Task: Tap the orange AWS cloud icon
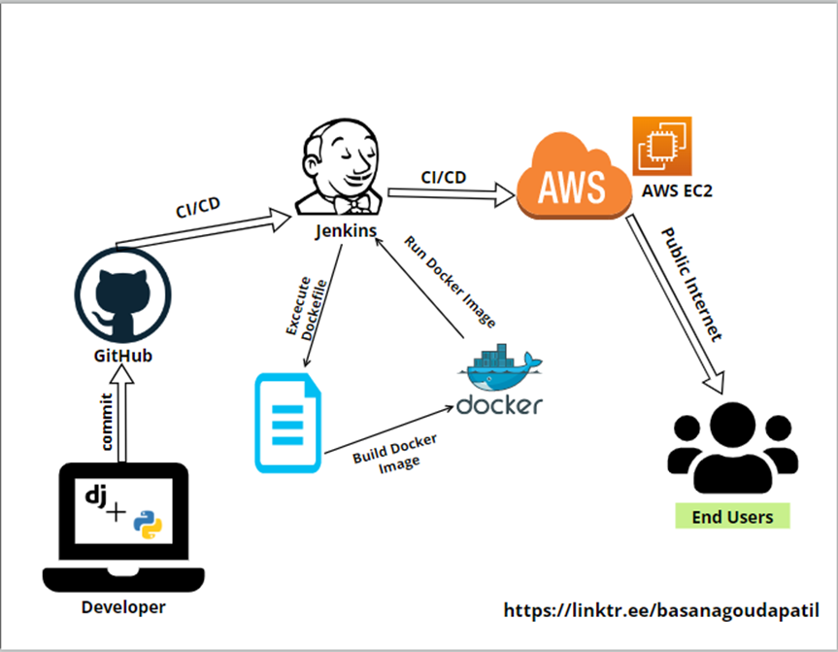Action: point(573,180)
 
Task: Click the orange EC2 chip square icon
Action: point(661,146)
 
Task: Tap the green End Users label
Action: point(733,516)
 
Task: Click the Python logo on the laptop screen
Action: point(149,522)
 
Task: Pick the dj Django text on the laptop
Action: point(95,495)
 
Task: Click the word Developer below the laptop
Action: point(122,608)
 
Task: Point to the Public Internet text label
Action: point(691,284)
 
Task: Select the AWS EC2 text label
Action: point(678,191)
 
